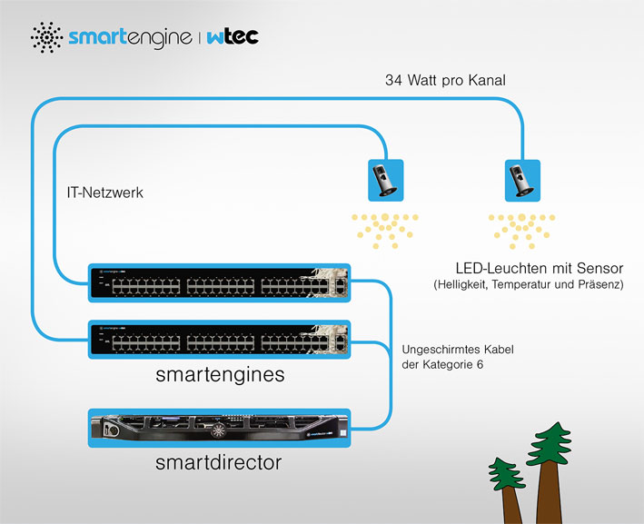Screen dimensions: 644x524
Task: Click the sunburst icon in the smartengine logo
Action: [47, 37]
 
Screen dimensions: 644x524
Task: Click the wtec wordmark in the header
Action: [233, 36]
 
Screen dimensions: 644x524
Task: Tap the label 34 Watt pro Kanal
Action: [445, 80]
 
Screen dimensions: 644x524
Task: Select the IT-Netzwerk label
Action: [105, 193]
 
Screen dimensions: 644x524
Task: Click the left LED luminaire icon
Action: [386, 181]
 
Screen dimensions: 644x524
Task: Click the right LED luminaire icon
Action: [522, 181]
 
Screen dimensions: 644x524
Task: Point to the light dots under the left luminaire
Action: [385, 231]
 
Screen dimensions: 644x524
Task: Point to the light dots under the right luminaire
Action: [521, 231]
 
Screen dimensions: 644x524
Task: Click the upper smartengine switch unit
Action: [219, 283]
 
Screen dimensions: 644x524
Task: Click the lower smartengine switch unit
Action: [219, 340]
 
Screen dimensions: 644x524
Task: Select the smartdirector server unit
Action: [219, 428]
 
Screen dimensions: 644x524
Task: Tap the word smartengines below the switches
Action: [220, 374]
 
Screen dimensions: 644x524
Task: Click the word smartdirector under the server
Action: [219, 462]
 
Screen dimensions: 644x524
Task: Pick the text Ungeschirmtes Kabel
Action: [458, 350]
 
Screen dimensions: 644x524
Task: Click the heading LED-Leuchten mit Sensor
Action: [540, 269]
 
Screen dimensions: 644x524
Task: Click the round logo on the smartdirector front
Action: [218, 430]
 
